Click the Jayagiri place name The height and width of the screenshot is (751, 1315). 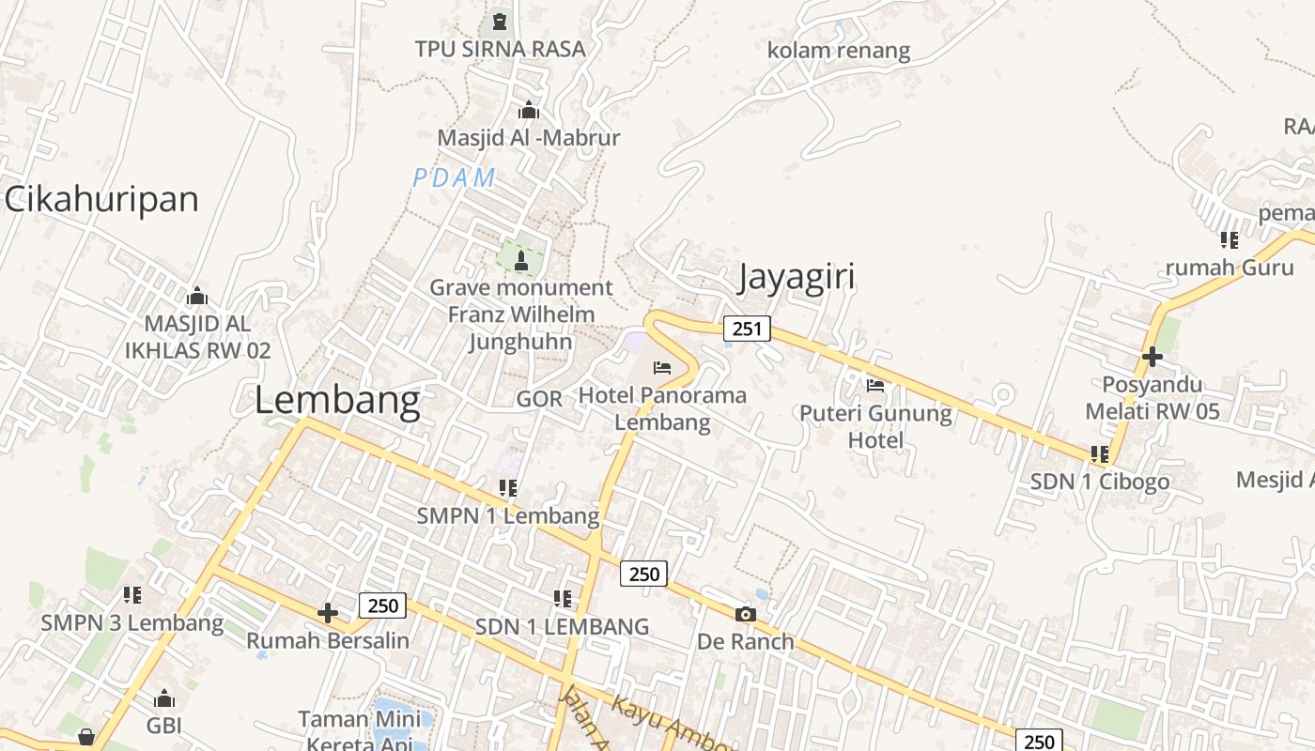797,278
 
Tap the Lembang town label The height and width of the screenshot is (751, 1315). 337,401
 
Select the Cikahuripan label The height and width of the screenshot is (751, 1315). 101,199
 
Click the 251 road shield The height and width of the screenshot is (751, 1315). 747,329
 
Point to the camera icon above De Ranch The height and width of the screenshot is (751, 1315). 745,615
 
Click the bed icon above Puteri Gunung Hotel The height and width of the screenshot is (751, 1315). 875,385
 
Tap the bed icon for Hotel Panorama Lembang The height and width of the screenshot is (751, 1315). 662,367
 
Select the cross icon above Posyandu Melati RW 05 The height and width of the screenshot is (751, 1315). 1153,357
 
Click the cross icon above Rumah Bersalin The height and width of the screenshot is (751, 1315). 328,614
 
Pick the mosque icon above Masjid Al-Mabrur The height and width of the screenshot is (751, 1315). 529,110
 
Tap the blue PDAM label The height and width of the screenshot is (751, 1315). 454,177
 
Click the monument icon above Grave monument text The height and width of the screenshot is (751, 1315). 521,260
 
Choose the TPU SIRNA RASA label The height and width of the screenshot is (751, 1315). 500,49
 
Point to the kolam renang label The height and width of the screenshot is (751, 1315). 839,50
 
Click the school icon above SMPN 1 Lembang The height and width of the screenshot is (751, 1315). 508,488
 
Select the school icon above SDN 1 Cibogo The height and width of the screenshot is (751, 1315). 1100,454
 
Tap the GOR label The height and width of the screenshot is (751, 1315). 539,399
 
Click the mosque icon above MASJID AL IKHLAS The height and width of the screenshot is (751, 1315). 197,297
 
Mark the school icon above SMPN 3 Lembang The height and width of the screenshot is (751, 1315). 132,595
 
